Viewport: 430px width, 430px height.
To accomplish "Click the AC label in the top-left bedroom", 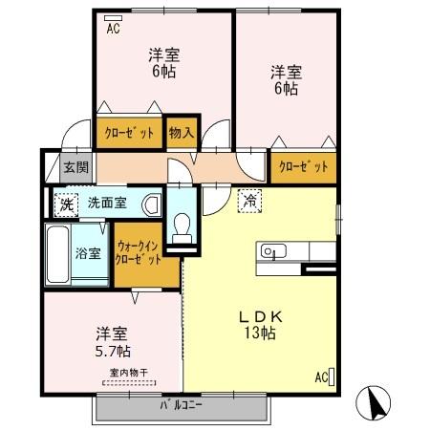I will click(113, 29).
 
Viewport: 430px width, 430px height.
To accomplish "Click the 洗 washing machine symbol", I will click(66, 203).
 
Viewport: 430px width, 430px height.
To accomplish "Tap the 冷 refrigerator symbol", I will click(248, 202).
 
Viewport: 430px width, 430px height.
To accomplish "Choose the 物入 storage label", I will click(181, 133).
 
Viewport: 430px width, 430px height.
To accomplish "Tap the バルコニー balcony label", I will click(181, 405).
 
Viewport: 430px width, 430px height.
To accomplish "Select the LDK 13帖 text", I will click(257, 324).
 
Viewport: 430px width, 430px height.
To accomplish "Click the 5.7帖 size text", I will click(112, 351).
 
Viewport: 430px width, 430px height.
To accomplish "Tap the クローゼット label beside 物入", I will click(129, 133).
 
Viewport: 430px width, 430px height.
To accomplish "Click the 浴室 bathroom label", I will click(87, 253).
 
